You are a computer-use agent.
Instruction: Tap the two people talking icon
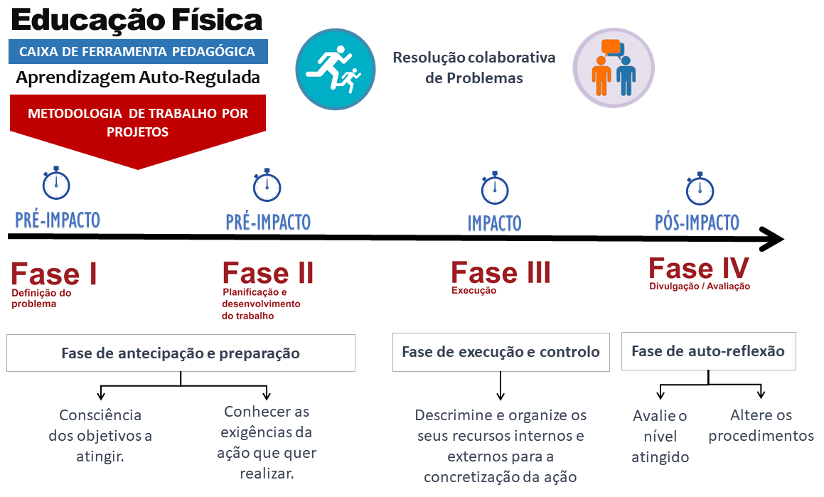tap(614, 68)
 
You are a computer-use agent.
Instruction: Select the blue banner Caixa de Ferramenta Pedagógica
tap(138, 51)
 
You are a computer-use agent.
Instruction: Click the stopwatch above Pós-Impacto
tap(700, 188)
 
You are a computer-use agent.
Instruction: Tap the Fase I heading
tap(54, 274)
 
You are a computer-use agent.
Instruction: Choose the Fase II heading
tap(267, 273)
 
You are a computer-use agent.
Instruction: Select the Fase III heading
tap(501, 272)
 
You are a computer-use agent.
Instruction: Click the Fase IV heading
tap(698, 269)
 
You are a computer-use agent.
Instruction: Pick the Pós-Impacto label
tap(697, 223)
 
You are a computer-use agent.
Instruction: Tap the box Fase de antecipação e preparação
tap(181, 353)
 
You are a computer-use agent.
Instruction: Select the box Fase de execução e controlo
tap(501, 352)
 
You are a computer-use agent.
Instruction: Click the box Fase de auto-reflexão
tap(707, 351)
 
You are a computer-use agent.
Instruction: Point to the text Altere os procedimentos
tap(761, 425)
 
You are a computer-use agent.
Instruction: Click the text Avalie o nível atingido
tap(660, 436)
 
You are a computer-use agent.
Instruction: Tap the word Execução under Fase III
tap(473, 291)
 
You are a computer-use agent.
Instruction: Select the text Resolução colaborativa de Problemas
tap(473, 68)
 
